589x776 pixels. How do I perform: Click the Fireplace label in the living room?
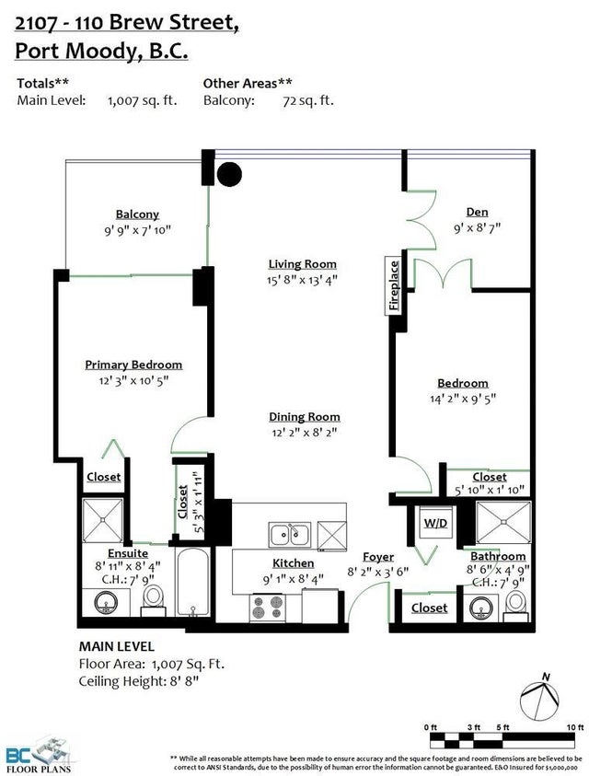click(x=394, y=285)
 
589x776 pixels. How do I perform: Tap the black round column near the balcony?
click(x=230, y=174)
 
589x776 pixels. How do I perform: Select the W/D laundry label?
click(x=435, y=523)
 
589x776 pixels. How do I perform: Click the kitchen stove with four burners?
click(x=268, y=608)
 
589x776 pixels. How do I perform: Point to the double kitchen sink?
click(x=290, y=535)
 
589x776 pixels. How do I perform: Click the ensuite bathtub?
click(x=193, y=582)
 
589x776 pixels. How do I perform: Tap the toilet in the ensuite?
click(x=154, y=600)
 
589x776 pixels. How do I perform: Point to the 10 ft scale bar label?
click(x=575, y=727)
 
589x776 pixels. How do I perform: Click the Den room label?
click(x=477, y=213)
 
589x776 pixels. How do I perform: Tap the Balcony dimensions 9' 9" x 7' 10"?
click(x=137, y=230)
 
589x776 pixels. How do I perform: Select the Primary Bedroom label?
click(x=133, y=365)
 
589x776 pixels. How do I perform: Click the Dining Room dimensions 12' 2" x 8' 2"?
click(x=305, y=432)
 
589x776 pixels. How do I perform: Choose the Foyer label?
click(x=378, y=557)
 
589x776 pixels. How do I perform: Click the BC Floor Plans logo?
click(x=37, y=755)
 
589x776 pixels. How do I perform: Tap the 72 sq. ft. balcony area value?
click(x=308, y=100)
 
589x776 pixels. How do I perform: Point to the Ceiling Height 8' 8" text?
click(x=139, y=681)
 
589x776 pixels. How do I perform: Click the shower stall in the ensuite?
click(x=102, y=520)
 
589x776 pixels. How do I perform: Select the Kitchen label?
click(x=293, y=563)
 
